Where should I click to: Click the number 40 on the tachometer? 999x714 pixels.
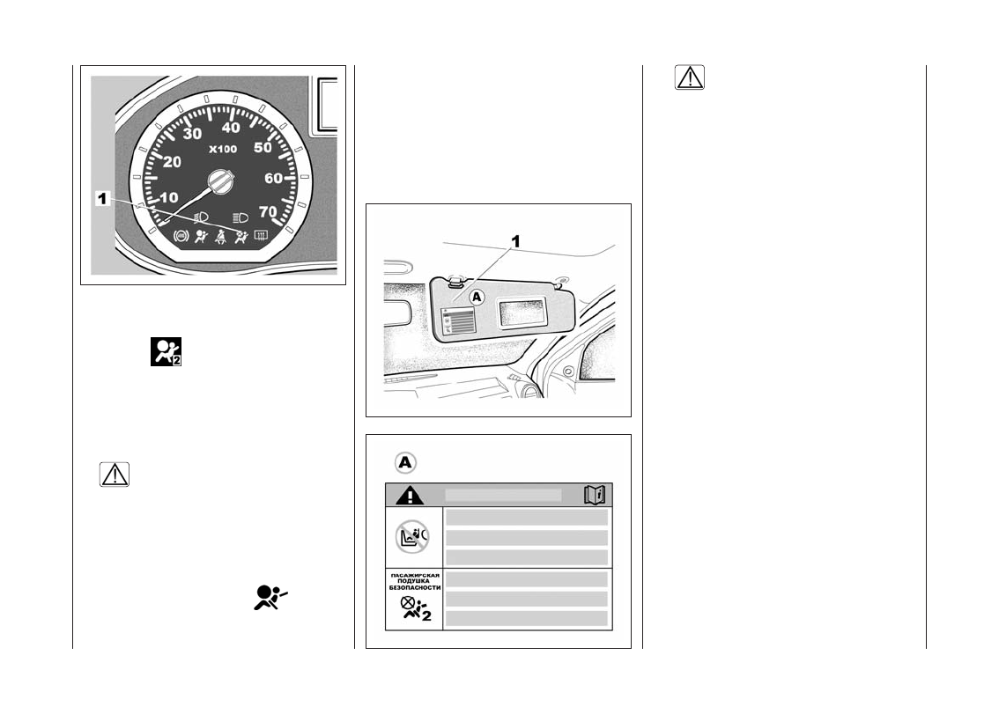(231, 129)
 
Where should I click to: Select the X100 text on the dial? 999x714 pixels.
(222, 150)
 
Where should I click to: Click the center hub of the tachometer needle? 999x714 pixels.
(218, 183)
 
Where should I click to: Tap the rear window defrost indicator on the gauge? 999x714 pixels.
(261, 235)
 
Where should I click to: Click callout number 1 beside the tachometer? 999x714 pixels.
(102, 200)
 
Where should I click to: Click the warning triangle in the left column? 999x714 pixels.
(115, 475)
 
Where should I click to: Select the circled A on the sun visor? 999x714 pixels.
(477, 298)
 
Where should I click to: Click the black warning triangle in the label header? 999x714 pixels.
(409, 496)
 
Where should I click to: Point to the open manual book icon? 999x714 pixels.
(596, 496)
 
